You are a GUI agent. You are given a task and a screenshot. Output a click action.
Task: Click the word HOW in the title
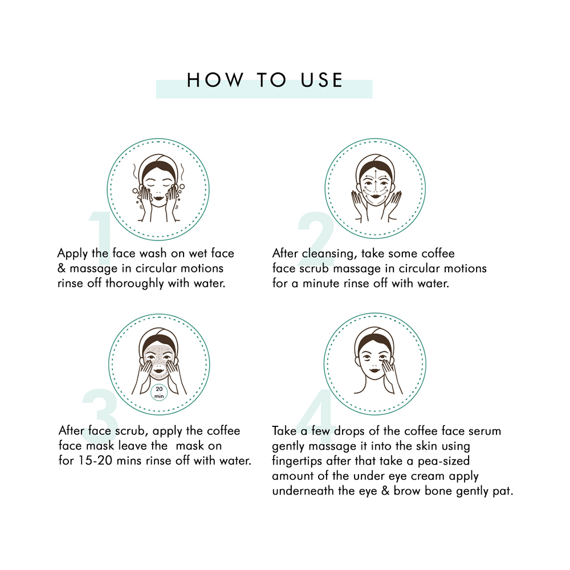pos(215,80)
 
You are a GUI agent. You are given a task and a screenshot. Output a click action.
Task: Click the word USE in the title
pos(321,80)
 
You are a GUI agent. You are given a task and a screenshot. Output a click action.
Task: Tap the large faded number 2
pos(316,238)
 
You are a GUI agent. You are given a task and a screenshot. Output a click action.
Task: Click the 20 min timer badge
pos(159,393)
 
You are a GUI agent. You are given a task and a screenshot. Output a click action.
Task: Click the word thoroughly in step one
pos(135,283)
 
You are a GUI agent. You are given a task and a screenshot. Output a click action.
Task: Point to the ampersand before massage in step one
pos(62,268)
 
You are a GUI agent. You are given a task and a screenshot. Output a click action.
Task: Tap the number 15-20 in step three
pos(95,461)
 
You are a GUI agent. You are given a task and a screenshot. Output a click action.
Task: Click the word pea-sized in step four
pos(443,461)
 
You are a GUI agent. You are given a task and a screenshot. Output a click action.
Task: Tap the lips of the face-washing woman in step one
pos(158,198)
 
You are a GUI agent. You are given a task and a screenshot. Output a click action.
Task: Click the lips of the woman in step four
pos(374,371)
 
